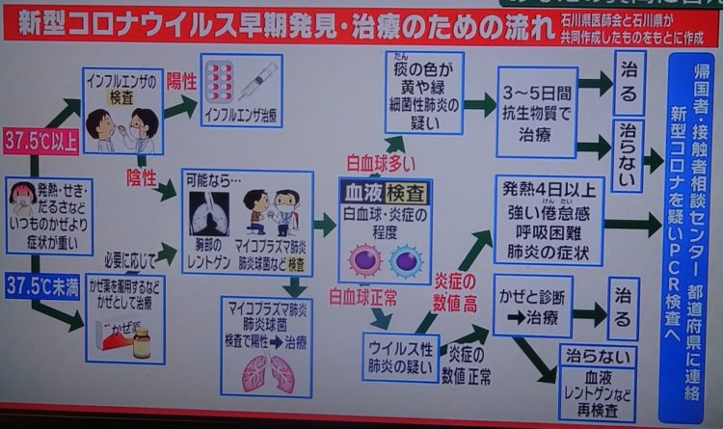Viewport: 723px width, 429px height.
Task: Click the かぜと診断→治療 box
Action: (533, 307)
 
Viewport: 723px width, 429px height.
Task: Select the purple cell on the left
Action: (366, 259)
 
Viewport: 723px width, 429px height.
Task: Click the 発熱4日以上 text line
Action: (546, 193)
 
